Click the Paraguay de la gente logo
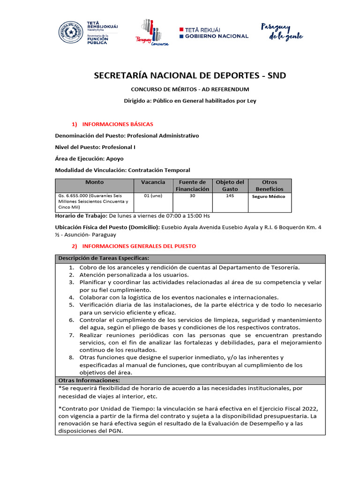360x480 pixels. (x=282, y=31)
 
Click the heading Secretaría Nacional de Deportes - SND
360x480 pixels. (x=190, y=75)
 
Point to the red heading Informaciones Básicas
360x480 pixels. (x=117, y=124)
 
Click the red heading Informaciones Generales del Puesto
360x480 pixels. (x=139, y=246)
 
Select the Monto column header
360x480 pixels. (x=94, y=182)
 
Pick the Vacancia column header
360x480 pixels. (x=153, y=182)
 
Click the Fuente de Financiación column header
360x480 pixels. (x=192, y=186)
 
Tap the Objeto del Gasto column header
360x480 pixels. (x=230, y=186)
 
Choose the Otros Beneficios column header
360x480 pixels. (x=270, y=186)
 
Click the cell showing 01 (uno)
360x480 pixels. (x=153, y=196)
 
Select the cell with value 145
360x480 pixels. (x=230, y=196)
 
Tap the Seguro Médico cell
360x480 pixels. (x=268, y=197)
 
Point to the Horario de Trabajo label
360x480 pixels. (x=81, y=216)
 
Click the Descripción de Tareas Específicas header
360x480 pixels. (x=104, y=259)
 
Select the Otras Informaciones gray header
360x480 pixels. (x=89, y=380)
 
